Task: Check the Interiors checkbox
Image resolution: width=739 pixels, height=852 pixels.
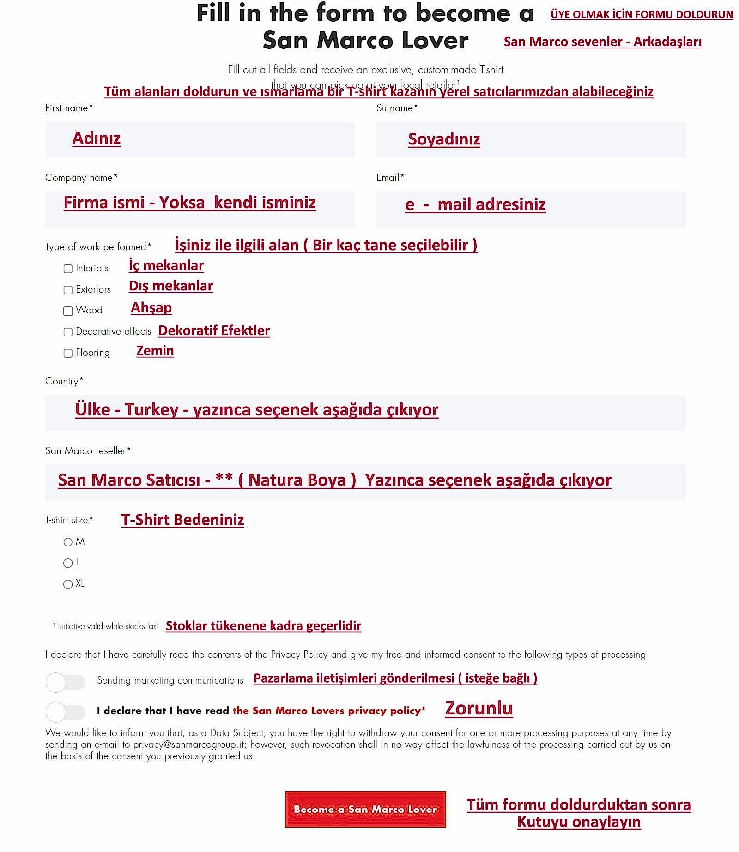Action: pos(68,269)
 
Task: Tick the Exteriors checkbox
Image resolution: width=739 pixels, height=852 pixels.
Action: pos(68,290)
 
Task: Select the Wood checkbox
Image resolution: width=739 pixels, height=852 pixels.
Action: pos(68,311)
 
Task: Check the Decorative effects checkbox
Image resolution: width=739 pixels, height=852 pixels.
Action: pos(68,332)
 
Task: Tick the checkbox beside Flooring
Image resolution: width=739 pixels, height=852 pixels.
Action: pos(68,353)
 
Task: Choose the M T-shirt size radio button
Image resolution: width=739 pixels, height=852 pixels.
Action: pos(68,542)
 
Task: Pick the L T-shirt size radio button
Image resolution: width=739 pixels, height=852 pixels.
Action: pos(68,563)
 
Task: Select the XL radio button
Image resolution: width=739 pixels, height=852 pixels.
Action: pos(68,584)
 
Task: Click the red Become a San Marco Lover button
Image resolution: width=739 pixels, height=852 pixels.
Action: pos(365,809)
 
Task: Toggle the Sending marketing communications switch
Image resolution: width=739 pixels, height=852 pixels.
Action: pos(66,682)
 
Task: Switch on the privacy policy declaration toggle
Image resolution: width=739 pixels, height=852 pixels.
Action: pos(66,712)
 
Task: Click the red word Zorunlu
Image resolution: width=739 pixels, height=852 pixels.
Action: pos(479,708)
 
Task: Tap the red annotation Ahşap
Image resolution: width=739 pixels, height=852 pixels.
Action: pos(151,308)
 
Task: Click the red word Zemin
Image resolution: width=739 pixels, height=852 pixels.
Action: pos(155,351)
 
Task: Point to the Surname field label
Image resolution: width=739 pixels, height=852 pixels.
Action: pos(397,108)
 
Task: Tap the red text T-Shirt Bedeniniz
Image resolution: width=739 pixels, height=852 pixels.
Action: pos(182,520)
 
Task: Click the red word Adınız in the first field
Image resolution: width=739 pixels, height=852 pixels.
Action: pos(96,138)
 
